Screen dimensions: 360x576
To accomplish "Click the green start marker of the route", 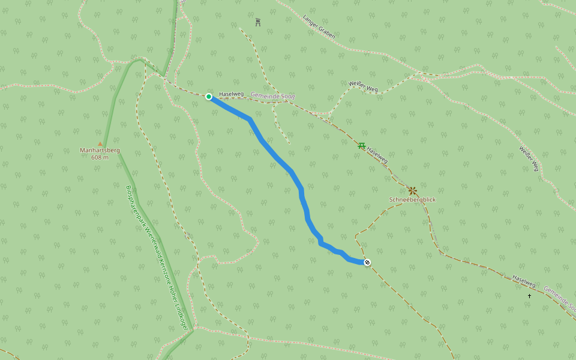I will pos(209,97).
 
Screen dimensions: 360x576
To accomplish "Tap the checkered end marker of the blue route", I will pos(367,262).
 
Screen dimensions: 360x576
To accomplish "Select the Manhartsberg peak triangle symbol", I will pos(100,143).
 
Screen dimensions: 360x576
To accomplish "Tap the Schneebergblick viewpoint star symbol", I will pos(412,190).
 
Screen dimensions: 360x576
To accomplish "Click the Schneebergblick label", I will pos(412,199).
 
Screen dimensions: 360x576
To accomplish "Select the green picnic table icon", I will pos(361,145).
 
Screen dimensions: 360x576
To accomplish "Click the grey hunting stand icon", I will pos(258,22).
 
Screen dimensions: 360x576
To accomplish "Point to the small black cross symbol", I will pos(529,296).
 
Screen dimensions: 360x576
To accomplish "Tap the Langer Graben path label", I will pos(319,26).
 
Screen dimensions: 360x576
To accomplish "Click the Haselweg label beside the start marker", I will pos(231,94).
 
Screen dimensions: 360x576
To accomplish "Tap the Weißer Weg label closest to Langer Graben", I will pos(364,86).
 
